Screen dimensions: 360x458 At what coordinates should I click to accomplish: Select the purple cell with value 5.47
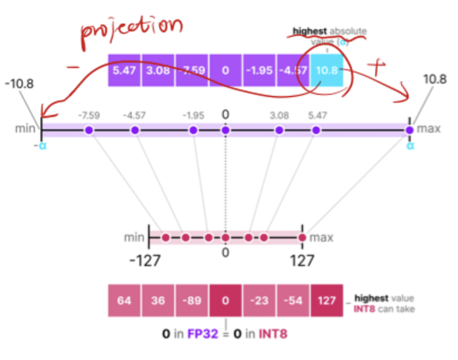pos(125,71)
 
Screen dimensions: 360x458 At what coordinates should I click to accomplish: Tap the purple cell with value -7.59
pos(191,71)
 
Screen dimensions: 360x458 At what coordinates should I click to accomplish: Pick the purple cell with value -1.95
pos(259,71)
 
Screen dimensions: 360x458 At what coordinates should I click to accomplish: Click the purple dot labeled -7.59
pos(88,130)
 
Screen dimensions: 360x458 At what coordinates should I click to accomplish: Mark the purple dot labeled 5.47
pos(316,130)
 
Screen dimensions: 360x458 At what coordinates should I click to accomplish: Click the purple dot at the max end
pos(410,130)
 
